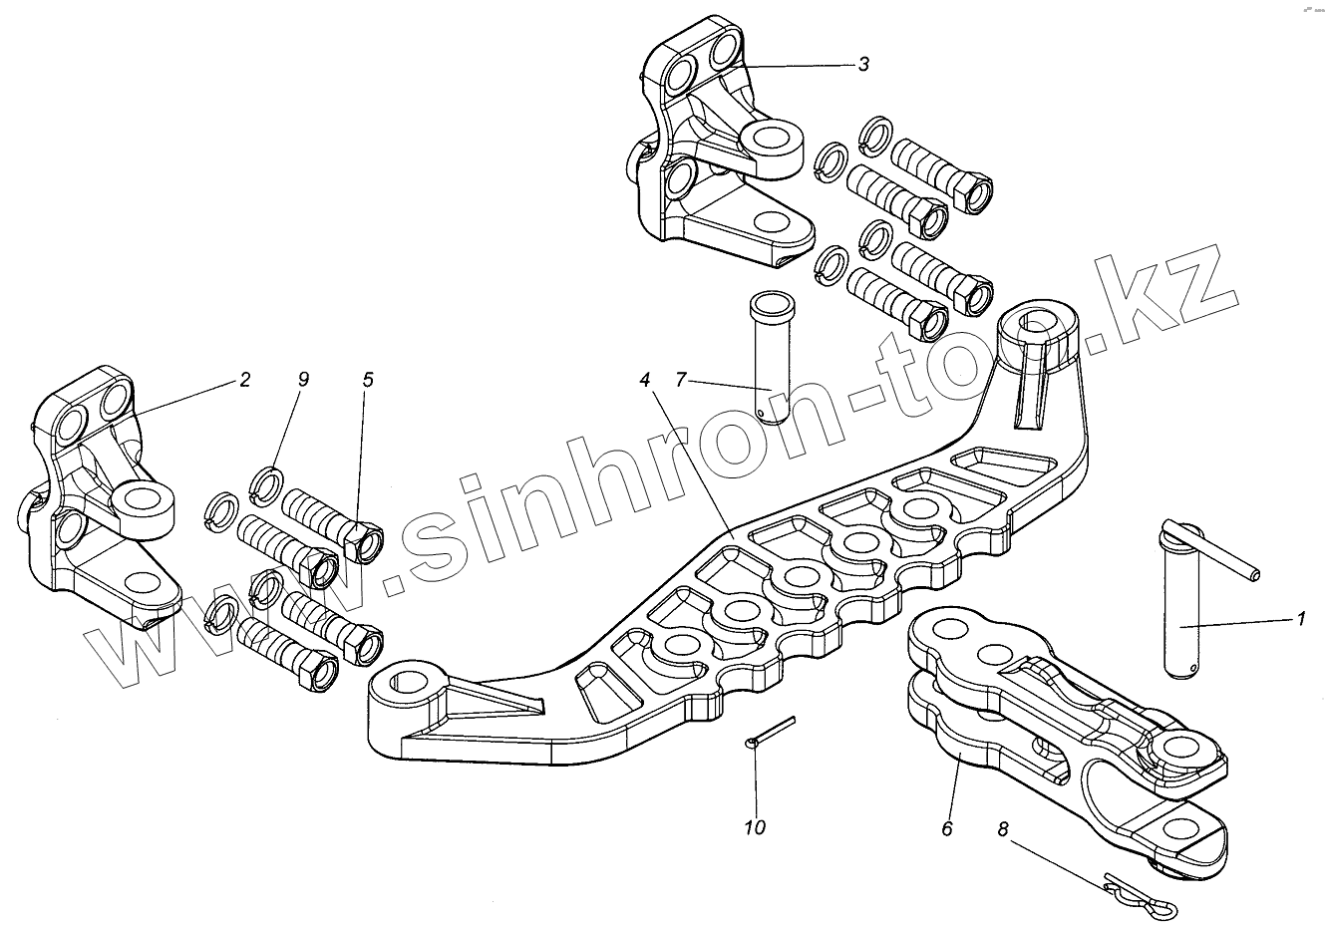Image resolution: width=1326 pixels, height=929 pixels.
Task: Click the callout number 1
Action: tap(1300, 619)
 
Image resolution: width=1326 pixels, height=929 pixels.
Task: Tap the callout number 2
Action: tap(244, 380)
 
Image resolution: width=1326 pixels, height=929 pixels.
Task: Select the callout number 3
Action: tap(863, 65)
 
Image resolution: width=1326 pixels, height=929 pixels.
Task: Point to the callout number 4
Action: tap(645, 380)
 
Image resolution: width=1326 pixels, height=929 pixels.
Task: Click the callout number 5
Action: tap(368, 380)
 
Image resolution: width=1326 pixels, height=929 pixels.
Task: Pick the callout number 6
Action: tap(946, 828)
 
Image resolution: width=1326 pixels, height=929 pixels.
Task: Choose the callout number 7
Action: tap(681, 380)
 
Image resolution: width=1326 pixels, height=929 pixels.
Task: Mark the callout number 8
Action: tap(1003, 828)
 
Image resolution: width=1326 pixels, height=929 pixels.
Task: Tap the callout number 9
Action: tap(303, 380)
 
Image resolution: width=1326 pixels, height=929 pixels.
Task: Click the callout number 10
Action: tap(755, 828)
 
